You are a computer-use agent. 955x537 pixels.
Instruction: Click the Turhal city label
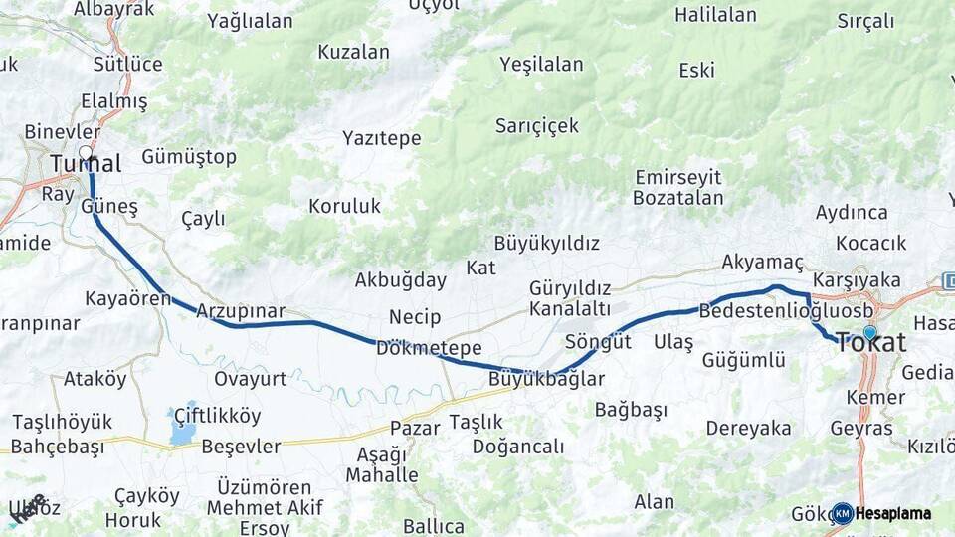coord(86,164)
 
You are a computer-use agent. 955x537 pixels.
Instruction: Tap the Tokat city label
coord(871,344)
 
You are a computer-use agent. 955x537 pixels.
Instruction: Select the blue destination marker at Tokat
coord(870,332)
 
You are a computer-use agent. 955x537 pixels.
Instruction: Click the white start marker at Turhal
coord(86,153)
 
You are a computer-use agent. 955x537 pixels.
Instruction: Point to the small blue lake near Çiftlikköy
coord(183,430)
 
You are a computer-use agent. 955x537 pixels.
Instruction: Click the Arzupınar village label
coord(241,310)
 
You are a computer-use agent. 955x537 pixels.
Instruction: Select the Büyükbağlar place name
coord(546,379)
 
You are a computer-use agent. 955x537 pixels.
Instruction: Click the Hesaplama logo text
coord(893,514)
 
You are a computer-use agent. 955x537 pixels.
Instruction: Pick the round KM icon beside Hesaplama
coord(842,514)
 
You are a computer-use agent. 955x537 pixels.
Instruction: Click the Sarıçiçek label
coord(537,125)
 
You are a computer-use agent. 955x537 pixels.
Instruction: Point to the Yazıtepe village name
coord(382,138)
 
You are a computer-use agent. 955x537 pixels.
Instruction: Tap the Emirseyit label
coord(678,177)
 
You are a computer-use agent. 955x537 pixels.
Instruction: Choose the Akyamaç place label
coord(762,263)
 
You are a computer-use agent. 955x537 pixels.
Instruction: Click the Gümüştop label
coord(189,157)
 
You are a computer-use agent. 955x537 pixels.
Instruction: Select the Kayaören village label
coord(128,298)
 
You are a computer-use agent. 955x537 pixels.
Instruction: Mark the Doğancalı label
coord(518,447)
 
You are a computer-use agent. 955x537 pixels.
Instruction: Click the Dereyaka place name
coord(749,429)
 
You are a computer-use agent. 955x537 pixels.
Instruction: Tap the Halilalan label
coord(715,15)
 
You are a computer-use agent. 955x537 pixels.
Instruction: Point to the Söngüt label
coord(598,342)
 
